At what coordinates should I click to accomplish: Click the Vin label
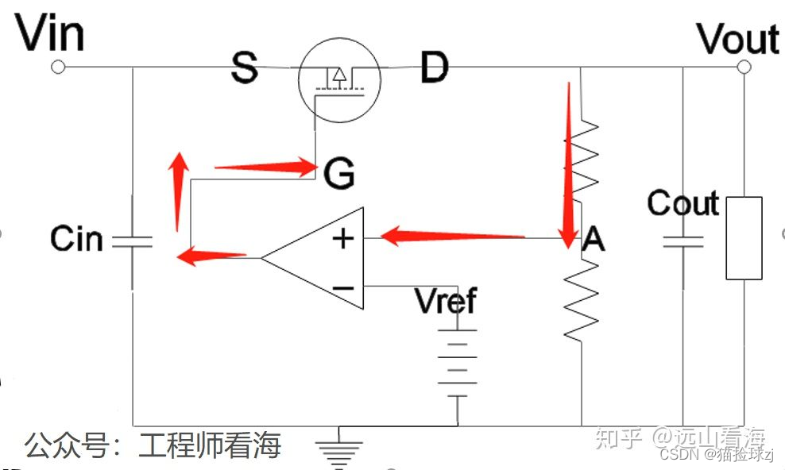50,34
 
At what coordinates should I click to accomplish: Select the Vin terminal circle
57,67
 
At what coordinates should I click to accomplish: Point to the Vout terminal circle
744,67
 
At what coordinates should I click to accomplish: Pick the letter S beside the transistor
245,68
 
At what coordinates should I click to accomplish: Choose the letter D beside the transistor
434,68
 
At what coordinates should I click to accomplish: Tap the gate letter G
338,173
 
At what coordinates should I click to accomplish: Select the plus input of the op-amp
343,237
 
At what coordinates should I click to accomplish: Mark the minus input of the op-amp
343,287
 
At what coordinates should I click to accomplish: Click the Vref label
446,301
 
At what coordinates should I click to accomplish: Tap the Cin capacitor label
76,238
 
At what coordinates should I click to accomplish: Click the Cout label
683,204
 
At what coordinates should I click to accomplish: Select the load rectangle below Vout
744,237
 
